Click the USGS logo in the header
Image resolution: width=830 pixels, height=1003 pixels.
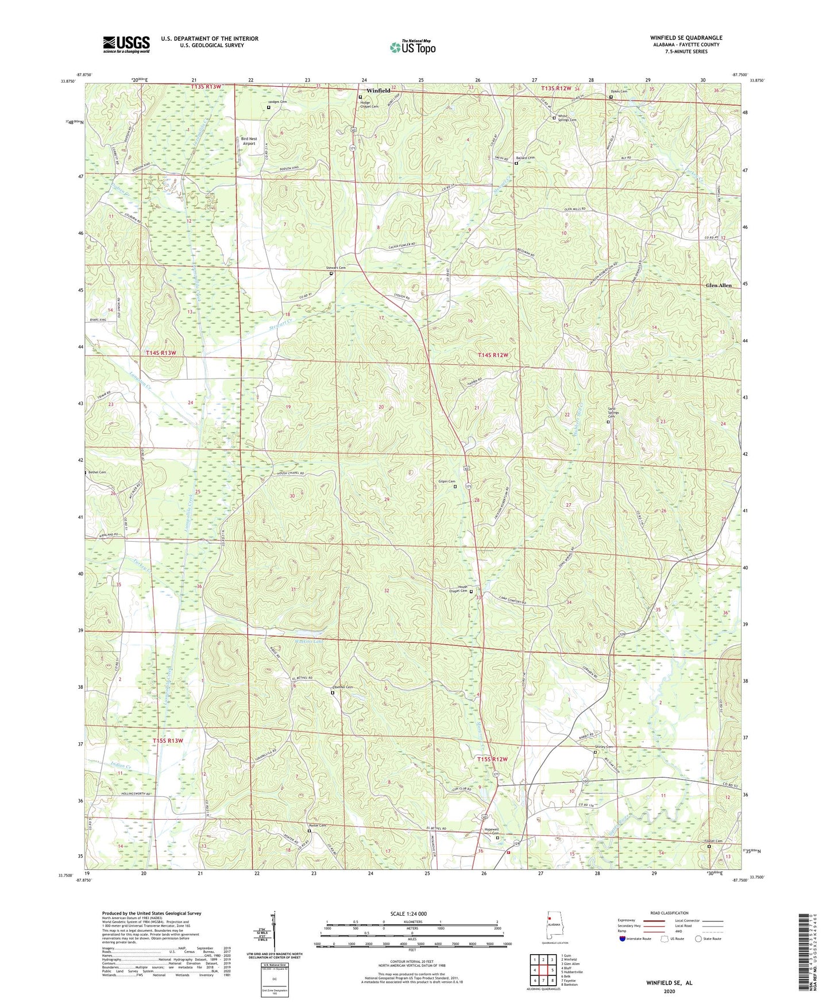coord(126,44)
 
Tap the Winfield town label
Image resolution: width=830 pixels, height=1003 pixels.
coord(378,91)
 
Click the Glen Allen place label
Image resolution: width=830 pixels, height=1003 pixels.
coord(719,286)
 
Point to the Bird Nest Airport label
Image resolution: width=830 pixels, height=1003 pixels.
coord(249,141)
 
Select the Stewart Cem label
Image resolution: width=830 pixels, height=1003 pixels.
coord(336,268)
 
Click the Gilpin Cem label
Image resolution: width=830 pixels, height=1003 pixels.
coord(447,481)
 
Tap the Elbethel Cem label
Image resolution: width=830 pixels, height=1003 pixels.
coord(342,687)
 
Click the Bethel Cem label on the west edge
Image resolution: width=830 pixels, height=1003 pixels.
coord(97,472)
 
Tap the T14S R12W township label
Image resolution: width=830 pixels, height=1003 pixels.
coord(493,356)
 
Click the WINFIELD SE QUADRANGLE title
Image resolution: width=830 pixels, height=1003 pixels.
coord(686,37)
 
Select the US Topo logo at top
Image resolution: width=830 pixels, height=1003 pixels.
coord(412,47)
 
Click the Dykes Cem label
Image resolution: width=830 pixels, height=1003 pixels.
coord(619,91)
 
